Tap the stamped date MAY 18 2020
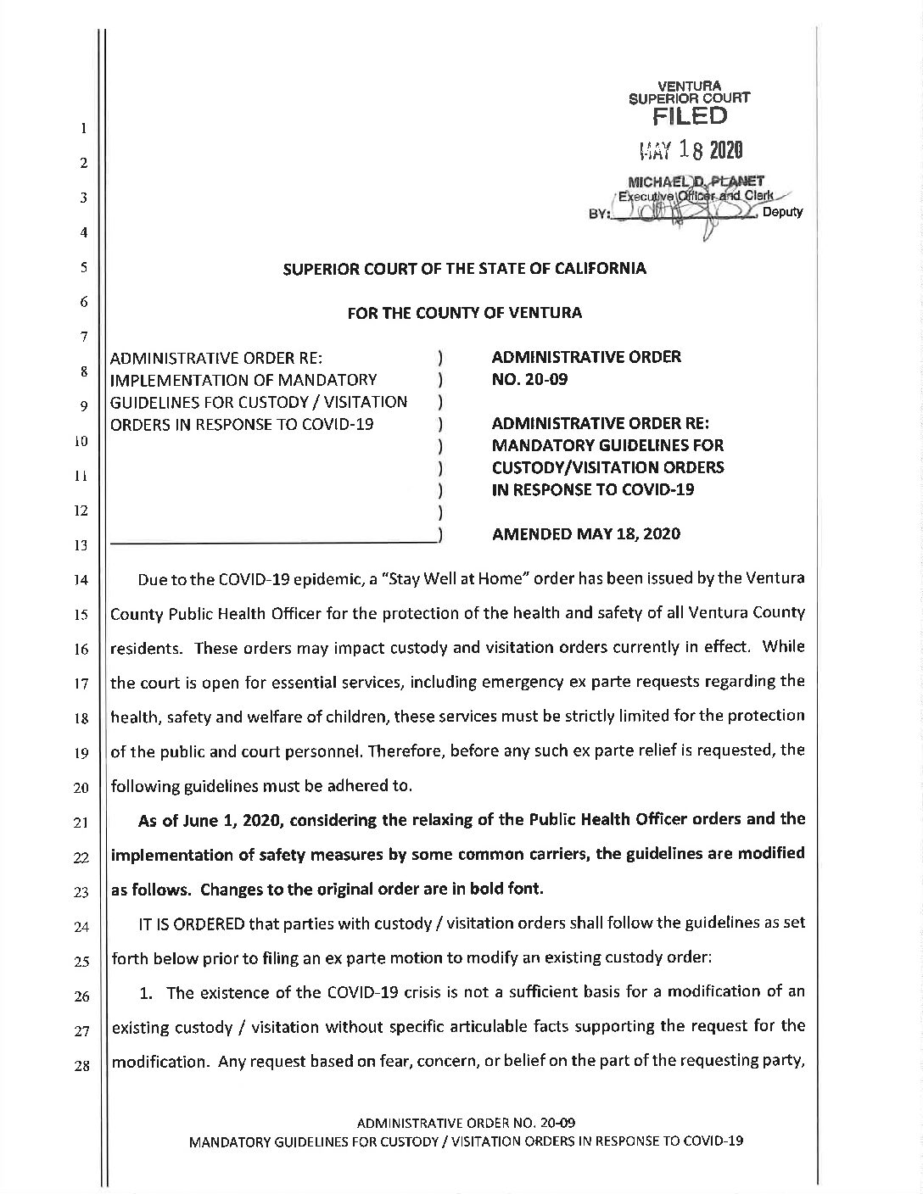tap(691, 152)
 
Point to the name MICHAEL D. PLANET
tap(696, 180)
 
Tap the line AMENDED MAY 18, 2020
tap(585, 533)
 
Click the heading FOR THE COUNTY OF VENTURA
tap(464, 313)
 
